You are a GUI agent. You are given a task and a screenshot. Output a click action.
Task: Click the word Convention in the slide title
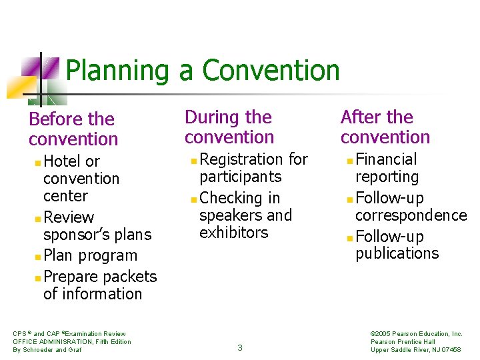click(x=271, y=71)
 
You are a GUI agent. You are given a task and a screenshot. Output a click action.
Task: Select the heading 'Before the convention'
click(x=73, y=129)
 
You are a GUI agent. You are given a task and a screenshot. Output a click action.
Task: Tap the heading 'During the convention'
click(x=229, y=127)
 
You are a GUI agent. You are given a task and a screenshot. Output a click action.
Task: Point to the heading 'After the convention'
click(x=385, y=127)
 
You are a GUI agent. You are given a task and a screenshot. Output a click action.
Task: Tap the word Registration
click(x=241, y=159)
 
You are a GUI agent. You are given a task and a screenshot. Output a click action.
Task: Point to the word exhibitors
click(x=233, y=233)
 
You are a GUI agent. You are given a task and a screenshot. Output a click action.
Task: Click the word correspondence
click(x=411, y=215)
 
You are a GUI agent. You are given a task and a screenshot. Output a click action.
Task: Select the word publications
click(x=397, y=253)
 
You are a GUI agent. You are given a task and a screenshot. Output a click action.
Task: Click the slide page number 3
click(x=240, y=347)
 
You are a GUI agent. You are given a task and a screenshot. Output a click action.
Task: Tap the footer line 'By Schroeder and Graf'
click(x=47, y=350)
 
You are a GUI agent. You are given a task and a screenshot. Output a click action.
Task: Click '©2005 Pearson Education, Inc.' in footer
click(x=416, y=334)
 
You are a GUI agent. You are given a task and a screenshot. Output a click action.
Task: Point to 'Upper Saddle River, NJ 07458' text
click(x=415, y=350)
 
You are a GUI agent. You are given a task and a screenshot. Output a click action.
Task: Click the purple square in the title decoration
click(x=31, y=67)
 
